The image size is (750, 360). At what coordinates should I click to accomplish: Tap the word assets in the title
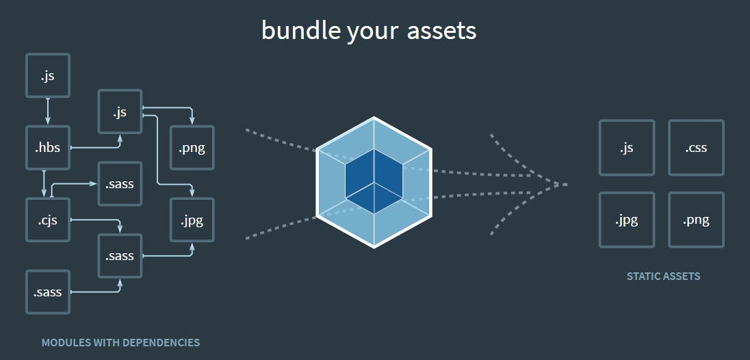click(442, 31)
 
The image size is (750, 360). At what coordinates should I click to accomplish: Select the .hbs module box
click(48, 147)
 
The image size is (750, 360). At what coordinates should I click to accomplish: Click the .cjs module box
click(48, 220)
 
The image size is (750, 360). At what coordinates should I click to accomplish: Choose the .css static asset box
click(696, 148)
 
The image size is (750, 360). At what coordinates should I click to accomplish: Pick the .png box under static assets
click(696, 220)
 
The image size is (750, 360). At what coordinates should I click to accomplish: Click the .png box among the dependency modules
click(192, 148)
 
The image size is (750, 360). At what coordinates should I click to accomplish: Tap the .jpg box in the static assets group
click(626, 220)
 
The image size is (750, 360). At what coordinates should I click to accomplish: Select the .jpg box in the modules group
click(192, 220)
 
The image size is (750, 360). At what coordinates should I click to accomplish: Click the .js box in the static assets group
click(626, 148)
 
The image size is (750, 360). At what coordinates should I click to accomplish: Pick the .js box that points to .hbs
click(48, 75)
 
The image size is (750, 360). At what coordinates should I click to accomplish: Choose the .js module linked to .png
click(120, 112)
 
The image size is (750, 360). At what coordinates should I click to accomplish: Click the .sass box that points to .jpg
click(120, 256)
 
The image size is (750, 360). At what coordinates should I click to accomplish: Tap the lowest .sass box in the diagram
click(48, 292)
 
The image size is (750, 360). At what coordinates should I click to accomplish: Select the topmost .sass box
click(120, 183)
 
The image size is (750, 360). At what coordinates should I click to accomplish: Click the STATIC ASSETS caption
click(663, 277)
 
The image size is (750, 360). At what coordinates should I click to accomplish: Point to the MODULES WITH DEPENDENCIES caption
click(120, 342)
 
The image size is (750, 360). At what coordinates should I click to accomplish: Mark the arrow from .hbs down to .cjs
click(44, 183)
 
